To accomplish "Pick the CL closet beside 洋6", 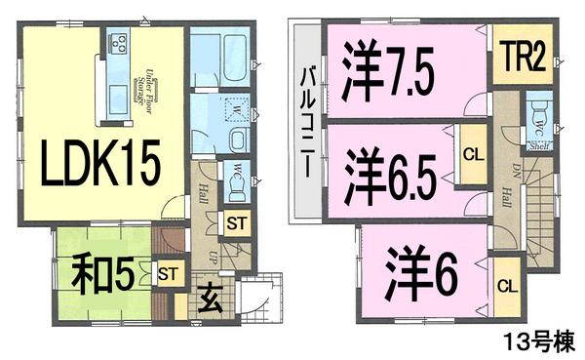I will tap(505, 287).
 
